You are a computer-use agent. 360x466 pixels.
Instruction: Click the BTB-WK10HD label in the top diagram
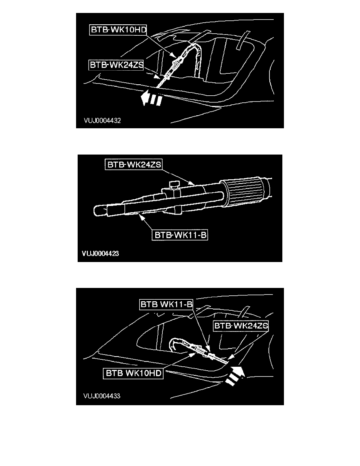(118, 30)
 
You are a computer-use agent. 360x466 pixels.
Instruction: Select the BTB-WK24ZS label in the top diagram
(116, 65)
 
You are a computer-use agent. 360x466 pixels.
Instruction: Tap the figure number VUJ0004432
(102, 120)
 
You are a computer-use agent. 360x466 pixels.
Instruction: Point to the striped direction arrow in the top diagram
(151, 98)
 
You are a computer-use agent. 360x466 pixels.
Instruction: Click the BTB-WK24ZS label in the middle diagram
(134, 164)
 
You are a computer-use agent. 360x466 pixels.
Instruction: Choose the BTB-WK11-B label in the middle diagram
(180, 235)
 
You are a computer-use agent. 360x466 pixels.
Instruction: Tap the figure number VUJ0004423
(100, 253)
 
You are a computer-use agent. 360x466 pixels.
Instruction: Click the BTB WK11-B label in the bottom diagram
(166, 304)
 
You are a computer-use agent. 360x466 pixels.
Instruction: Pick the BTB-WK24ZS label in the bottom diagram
(241, 326)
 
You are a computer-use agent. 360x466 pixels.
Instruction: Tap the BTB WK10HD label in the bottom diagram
(133, 373)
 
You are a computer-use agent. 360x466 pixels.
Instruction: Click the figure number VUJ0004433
(102, 396)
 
